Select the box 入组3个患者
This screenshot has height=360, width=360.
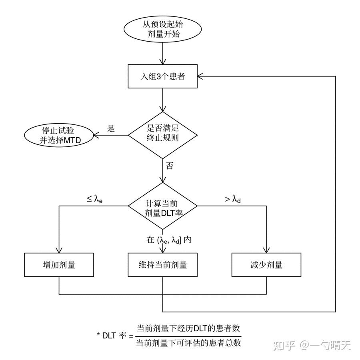(163, 76)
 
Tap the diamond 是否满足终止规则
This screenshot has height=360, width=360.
(163, 134)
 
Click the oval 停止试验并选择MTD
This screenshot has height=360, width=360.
(58, 135)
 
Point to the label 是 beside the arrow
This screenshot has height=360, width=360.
(111, 129)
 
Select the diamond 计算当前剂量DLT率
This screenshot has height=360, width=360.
(163, 207)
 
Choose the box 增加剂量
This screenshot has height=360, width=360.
(59, 265)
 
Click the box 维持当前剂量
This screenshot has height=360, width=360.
(163, 265)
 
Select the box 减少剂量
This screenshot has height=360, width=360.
(266, 265)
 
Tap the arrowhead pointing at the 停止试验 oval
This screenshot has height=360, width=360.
(96, 135)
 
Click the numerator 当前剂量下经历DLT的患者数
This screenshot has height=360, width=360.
(188, 329)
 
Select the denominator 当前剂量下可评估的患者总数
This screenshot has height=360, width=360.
(188, 342)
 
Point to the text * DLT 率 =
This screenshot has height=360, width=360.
(114, 336)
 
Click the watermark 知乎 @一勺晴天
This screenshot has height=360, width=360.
(312, 345)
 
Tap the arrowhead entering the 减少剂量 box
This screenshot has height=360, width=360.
(266, 250)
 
